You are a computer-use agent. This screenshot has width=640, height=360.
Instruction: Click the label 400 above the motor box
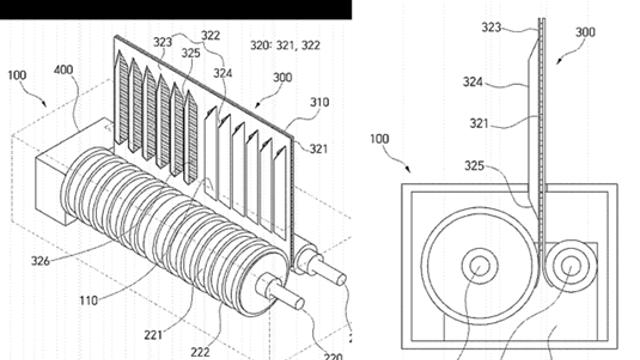63,70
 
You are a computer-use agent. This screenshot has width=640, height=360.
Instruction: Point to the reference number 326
40,260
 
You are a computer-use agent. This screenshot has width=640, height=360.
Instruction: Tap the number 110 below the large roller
89,301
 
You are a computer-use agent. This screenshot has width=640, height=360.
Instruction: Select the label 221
153,336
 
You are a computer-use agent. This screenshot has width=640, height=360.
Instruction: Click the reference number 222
200,351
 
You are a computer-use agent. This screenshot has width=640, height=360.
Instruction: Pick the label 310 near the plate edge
319,102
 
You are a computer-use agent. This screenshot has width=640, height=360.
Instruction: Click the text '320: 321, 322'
285,45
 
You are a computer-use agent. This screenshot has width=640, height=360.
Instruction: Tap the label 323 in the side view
491,27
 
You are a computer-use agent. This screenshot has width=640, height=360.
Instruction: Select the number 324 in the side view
473,82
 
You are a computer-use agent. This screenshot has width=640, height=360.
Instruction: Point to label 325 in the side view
474,166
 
